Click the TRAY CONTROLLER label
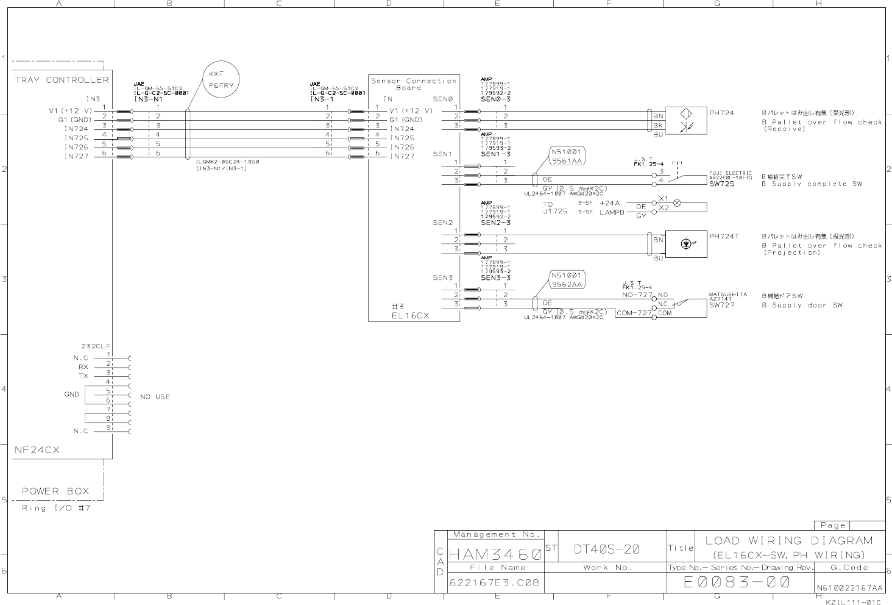tap(62, 80)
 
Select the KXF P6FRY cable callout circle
tap(221, 81)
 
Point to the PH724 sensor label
tap(721, 113)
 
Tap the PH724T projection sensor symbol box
tap(686, 244)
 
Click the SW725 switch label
tap(722, 184)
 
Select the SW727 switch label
tap(722, 305)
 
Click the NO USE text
tap(155, 397)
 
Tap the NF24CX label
tap(37, 450)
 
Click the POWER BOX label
tap(55, 491)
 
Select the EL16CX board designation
tap(411, 316)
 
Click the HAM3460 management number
tap(495, 555)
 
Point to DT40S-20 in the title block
tap(606, 549)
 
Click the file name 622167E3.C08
tap(494, 582)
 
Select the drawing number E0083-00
tap(737, 582)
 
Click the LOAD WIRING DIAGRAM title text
tap(789, 540)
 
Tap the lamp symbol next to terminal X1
tap(676, 202)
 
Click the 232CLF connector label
tap(96, 346)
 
